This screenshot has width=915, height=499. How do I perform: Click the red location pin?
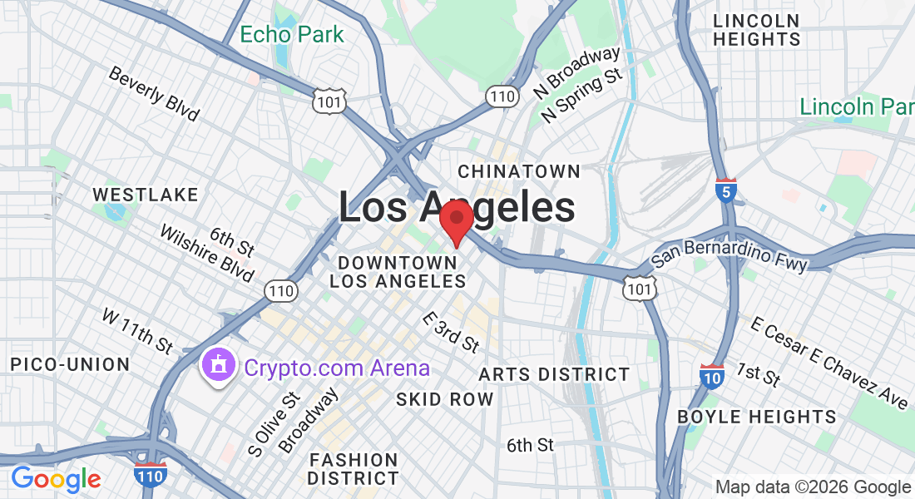tap(457, 220)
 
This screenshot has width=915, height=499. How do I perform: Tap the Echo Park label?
tap(291, 35)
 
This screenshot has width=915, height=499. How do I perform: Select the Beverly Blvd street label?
tap(154, 93)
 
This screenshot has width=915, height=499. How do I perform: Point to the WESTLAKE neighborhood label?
tap(146, 195)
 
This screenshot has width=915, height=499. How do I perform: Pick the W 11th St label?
tap(138, 329)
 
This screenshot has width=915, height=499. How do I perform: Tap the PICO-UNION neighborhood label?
tap(70, 364)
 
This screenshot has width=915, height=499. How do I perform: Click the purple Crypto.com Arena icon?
tap(218, 367)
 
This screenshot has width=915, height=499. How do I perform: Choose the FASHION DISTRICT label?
tap(353, 469)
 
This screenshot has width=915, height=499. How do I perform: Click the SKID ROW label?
tap(445, 399)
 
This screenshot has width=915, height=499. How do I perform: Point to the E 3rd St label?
tap(451, 331)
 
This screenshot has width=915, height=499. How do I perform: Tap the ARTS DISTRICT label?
tap(554, 374)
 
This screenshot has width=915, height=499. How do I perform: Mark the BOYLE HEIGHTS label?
tap(757, 416)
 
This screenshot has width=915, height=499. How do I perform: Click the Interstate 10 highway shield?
tap(712, 376)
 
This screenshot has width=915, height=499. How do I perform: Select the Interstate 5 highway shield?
tap(726, 191)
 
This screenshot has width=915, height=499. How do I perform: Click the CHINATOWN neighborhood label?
tap(519, 171)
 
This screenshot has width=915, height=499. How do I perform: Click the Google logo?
tap(56, 478)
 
